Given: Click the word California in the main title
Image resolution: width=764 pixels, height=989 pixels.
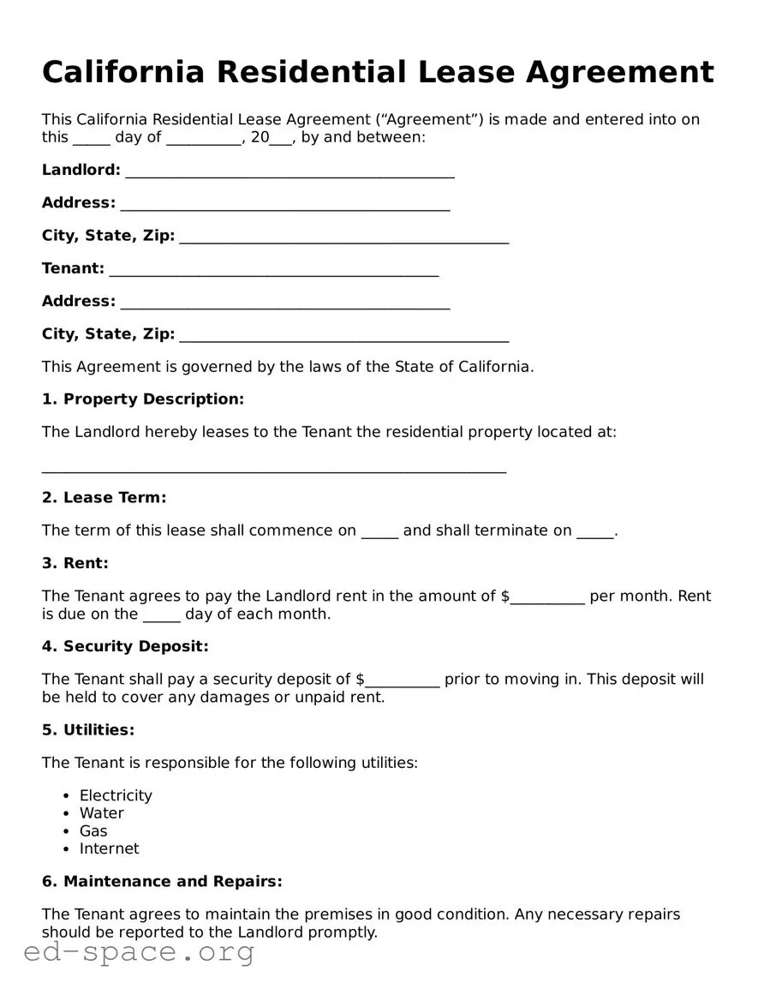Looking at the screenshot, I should (x=123, y=73).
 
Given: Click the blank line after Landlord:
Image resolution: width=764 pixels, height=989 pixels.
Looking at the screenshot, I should (x=289, y=172).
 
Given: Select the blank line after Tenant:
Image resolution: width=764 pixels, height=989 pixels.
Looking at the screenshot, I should (x=274, y=271).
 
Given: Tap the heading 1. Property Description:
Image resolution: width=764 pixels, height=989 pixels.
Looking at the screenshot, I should (x=143, y=399).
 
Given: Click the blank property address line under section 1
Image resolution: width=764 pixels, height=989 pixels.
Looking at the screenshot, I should (x=274, y=467).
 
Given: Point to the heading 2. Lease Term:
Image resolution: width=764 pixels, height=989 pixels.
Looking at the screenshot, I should (x=104, y=498).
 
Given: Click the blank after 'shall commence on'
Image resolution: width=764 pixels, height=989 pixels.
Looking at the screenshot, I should (x=379, y=532).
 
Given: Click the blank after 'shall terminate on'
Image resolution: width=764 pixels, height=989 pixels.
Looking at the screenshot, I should (x=595, y=532).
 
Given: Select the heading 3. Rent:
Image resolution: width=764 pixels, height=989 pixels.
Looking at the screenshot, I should (x=75, y=564).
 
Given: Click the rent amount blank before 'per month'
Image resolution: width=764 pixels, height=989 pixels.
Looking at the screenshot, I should (x=548, y=598).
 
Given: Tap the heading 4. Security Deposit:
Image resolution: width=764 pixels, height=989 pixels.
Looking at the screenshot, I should (x=125, y=646).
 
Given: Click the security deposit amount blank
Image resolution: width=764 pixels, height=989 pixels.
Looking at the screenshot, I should (x=403, y=681).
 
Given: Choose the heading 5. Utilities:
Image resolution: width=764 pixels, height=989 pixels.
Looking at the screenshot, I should (x=88, y=730).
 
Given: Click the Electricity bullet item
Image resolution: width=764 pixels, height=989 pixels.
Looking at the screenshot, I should (x=116, y=795).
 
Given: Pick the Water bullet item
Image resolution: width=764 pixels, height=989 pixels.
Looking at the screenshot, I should (x=102, y=813).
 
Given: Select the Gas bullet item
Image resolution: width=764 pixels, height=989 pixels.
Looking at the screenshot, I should (x=93, y=831).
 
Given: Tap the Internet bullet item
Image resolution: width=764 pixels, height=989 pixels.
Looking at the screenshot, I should (x=109, y=848).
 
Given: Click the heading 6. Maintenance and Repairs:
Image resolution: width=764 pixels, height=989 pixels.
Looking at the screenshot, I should (x=162, y=882).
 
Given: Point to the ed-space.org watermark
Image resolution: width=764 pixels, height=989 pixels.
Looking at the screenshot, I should (x=139, y=952).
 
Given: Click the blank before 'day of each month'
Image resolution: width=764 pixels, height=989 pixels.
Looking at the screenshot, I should (x=161, y=616).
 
